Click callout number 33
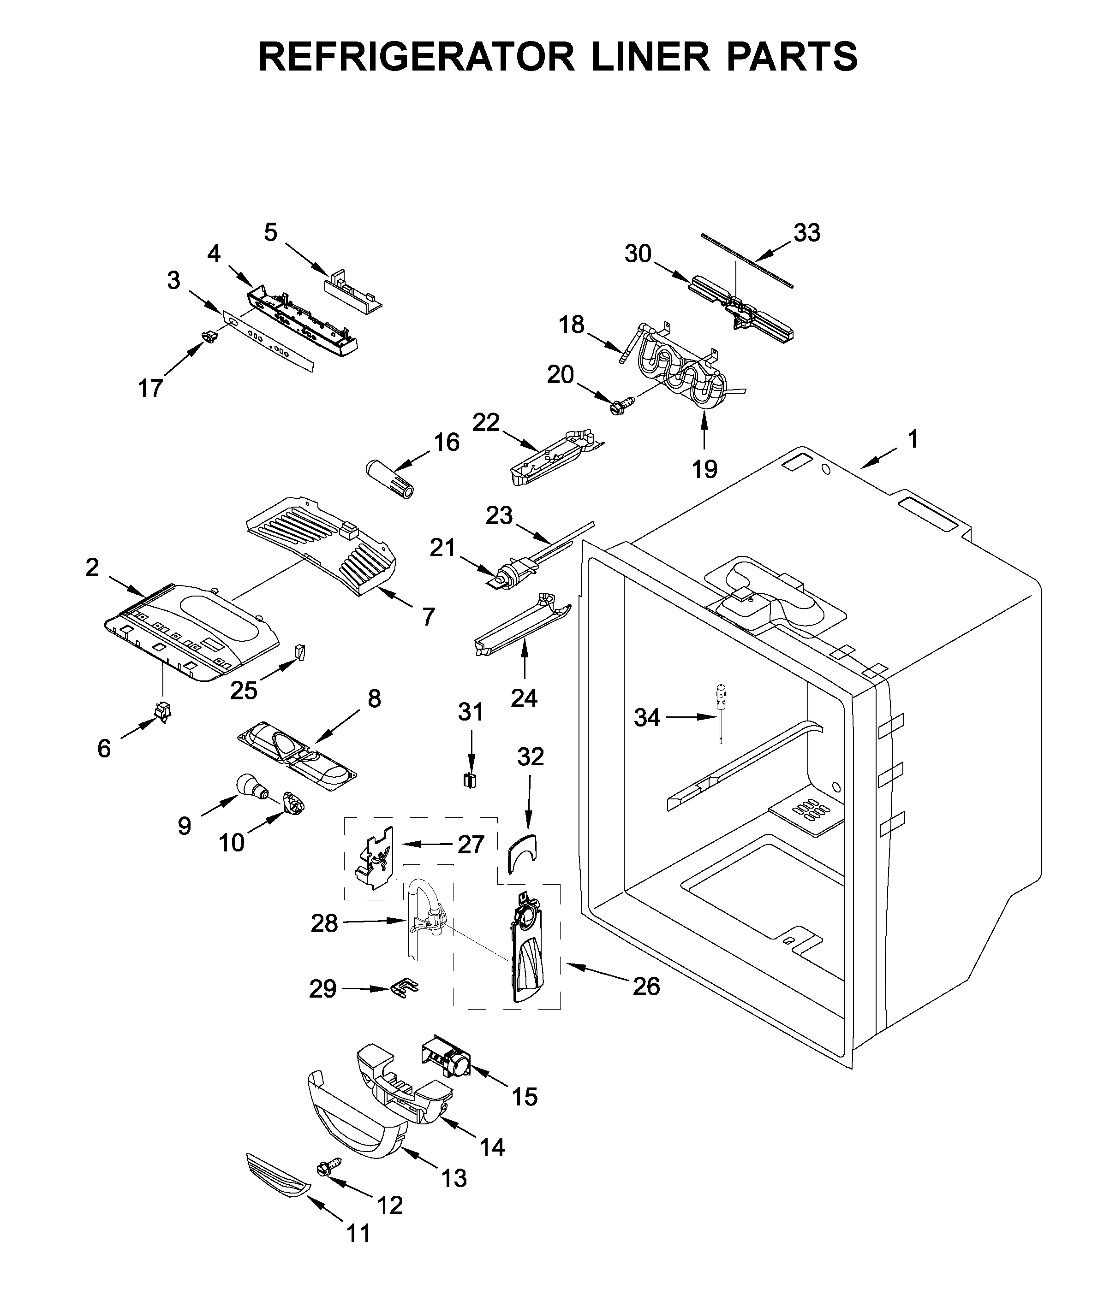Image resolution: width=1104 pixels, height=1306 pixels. pos(807,233)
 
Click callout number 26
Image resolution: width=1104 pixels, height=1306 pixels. pos(646,987)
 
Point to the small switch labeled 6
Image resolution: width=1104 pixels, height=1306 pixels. pos(163,712)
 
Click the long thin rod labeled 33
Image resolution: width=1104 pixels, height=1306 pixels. pos(746,260)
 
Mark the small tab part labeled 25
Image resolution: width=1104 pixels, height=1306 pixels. pos(300,652)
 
